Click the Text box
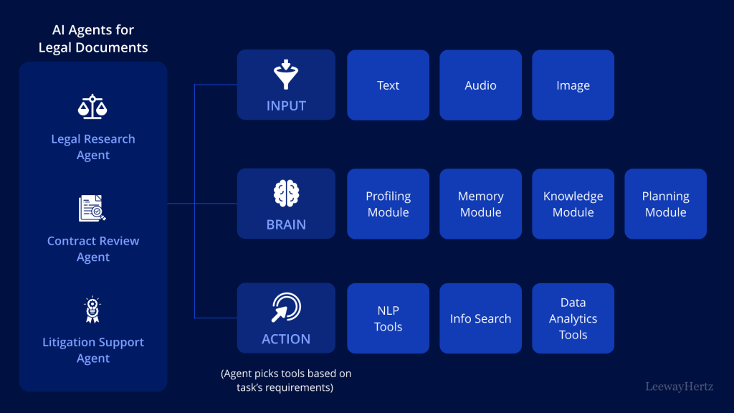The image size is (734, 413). (x=388, y=85)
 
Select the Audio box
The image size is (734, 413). (x=480, y=85)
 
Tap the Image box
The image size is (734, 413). (x=573, y=85)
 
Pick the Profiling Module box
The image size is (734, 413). (x=388, y=204)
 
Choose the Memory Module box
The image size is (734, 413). (x=480, y=204)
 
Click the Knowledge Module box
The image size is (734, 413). (x=573, y=204)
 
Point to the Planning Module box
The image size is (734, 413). (x=665, y=204)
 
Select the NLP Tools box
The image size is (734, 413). (x=388, y=318)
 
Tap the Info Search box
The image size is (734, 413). (x=480, y=318)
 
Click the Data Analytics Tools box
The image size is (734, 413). (x=573, y=318)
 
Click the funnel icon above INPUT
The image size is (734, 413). (x=286, y=75)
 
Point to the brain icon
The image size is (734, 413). (x=286, y=194)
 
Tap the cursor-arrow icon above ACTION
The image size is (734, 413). (x=286, y=308)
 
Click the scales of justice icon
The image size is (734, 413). (x=92, y=107)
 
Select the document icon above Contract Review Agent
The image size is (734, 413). (x=92, y=209)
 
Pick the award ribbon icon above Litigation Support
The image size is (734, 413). (x=92, y=310)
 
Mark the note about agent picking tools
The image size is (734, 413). (x=286, y=381)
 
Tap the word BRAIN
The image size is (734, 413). (x=286, y=224)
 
